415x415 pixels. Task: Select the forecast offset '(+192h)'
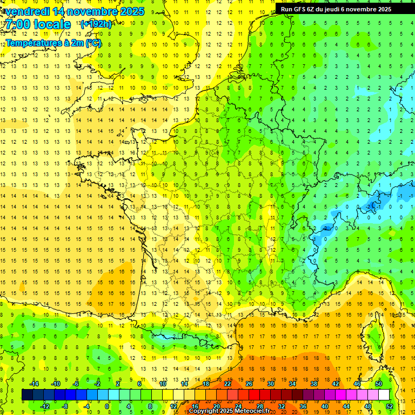point(96,24)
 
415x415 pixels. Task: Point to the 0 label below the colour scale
point(107,406)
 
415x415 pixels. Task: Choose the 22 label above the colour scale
point(228,383)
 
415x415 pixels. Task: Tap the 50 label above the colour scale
point(378,383)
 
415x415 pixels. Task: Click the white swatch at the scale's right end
point(384,394)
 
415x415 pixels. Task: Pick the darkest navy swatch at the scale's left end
point(27,394)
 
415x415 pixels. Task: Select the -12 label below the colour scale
point(45,406)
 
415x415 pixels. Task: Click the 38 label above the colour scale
point(313,383)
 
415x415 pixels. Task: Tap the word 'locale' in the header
point(51,24)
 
